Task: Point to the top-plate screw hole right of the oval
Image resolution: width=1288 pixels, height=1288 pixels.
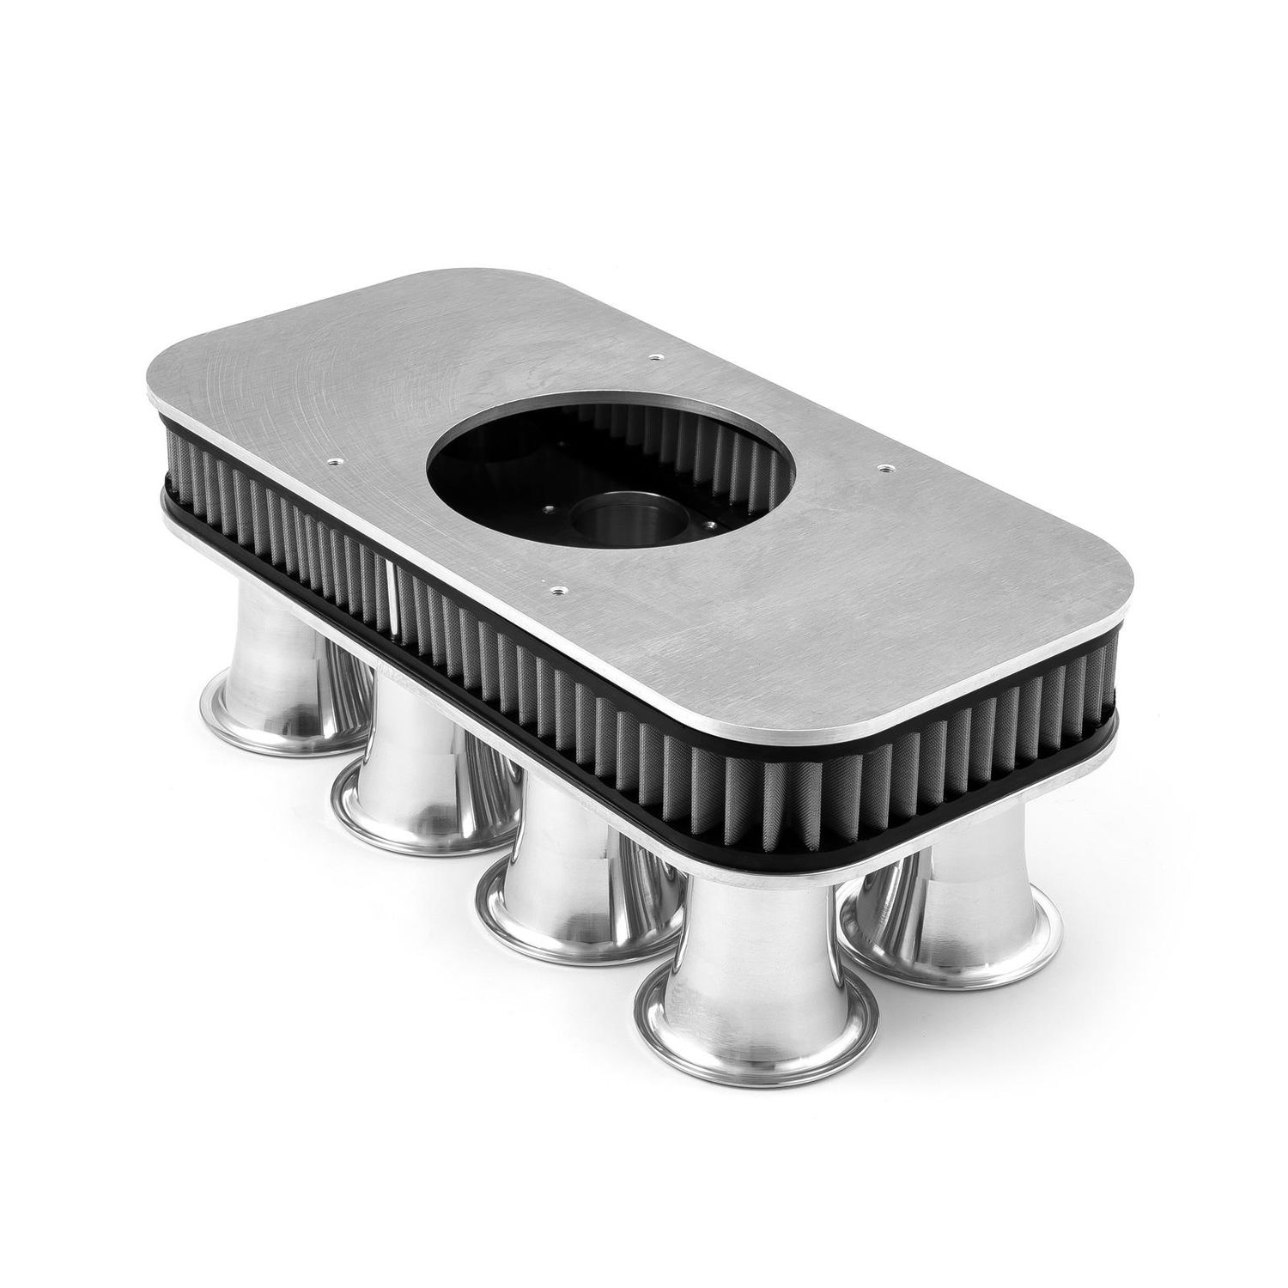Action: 883,468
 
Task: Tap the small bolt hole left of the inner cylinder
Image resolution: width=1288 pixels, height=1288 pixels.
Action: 547,517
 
